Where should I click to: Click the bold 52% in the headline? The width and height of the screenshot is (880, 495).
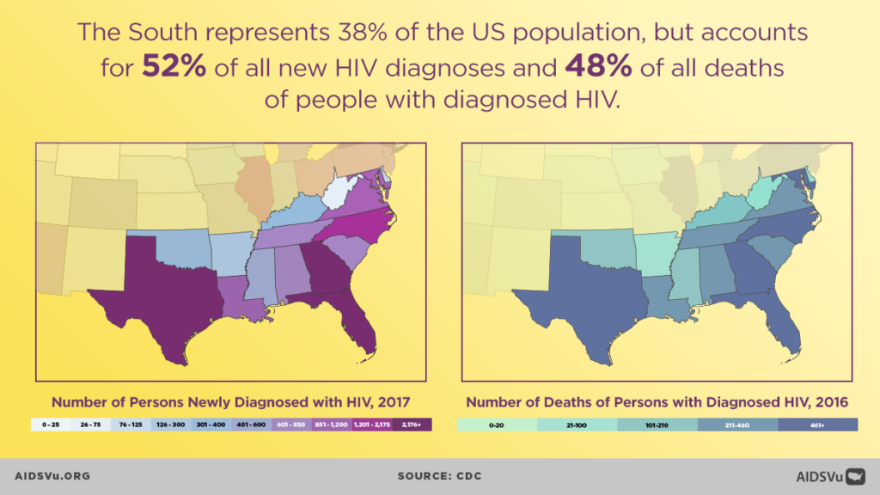click(174, 67)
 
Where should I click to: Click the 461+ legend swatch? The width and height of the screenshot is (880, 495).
click(817, 425)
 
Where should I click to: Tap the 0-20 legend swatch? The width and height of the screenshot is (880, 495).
click(497, 425)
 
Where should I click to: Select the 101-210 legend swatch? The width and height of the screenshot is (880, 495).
click(657, 425)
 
